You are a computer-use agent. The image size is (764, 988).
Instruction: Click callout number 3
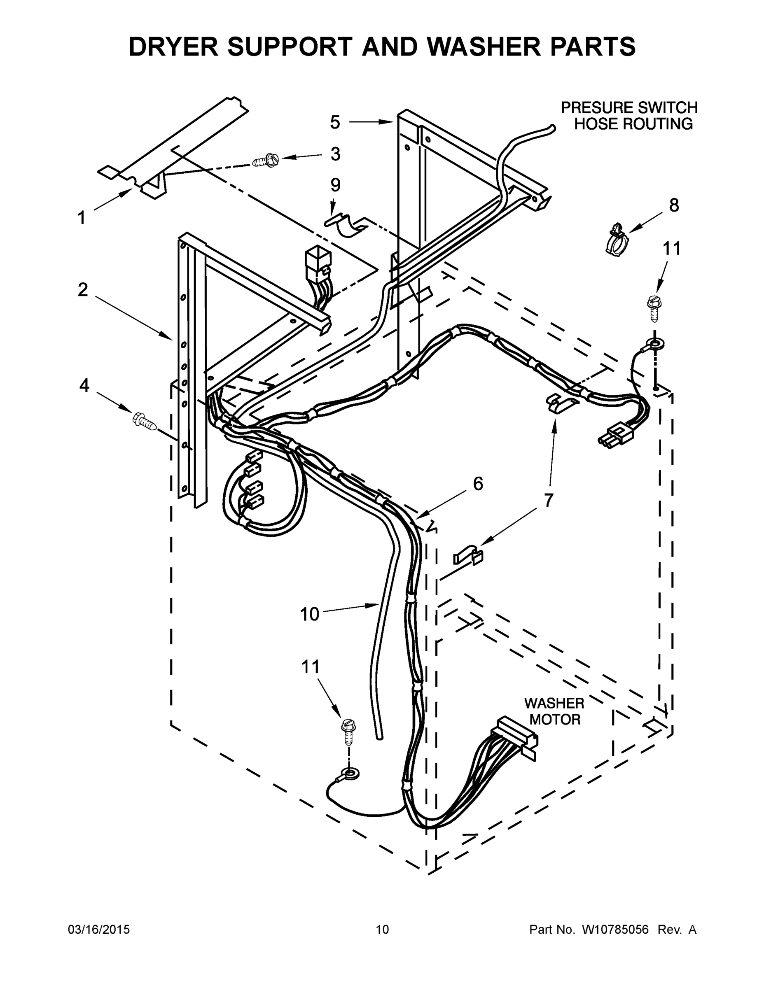(x=335, y=154)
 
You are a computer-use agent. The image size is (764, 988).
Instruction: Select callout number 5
(x=334, y=122)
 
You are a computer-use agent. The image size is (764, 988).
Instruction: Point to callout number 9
(x=335, y=185)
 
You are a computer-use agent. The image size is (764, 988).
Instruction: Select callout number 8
(x=674, y=205)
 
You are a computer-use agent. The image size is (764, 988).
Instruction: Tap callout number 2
(x=82, y=290)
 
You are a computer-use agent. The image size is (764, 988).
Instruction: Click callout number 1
(x=81, y=218)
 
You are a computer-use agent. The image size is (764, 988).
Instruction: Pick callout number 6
(x=478, y=484)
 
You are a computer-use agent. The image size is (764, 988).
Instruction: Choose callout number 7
(x=549, y=500)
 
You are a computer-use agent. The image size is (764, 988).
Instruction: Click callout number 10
(x=310, y=614)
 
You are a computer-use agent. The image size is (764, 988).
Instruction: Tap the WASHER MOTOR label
(x=554, y=711)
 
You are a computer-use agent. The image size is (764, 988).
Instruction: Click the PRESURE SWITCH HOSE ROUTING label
(x=629, y=115)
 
